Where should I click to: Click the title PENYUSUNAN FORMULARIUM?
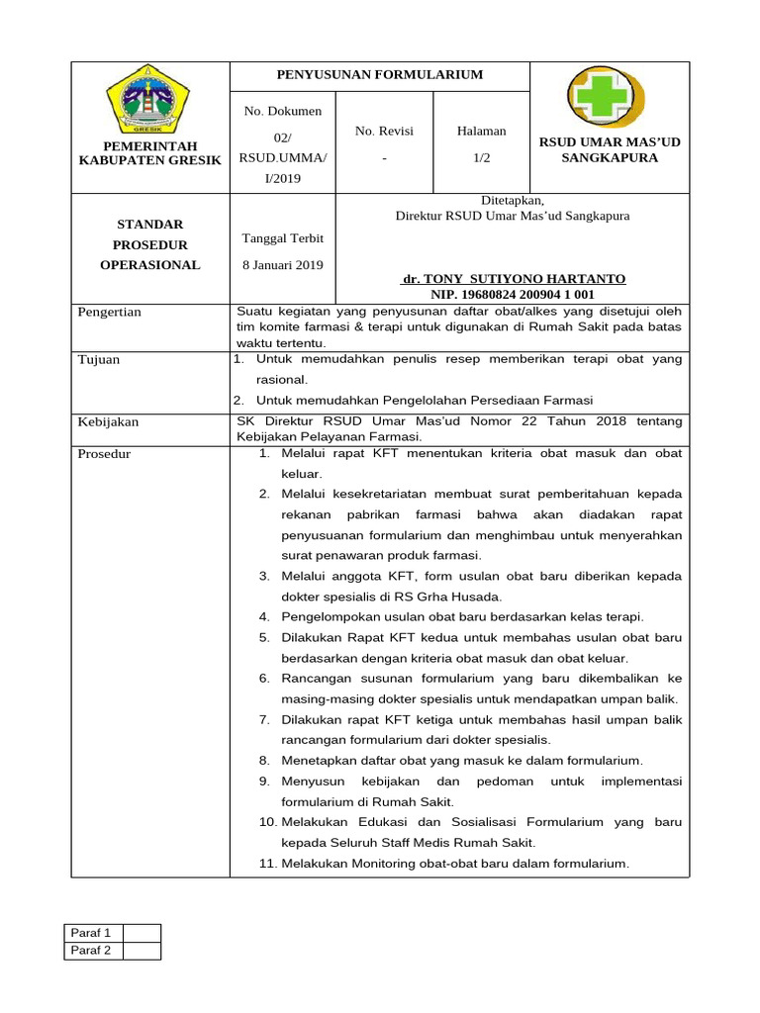point(380,75)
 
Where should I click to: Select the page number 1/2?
point(481,157)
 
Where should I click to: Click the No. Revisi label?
point(384,131)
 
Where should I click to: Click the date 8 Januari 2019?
point(283,264)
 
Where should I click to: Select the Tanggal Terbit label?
point(283,238)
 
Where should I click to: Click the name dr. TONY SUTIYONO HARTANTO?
point(513,279)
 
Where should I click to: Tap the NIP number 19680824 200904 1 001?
point(513,294)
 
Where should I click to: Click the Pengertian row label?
point(110,312)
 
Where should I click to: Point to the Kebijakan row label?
point(108,421)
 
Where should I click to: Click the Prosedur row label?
point(104,454)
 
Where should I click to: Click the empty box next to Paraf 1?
point(142,933)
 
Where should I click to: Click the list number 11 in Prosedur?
point(267,864)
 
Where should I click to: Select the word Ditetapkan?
point(513,200)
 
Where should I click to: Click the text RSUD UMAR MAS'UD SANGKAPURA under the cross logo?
point(609,149)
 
